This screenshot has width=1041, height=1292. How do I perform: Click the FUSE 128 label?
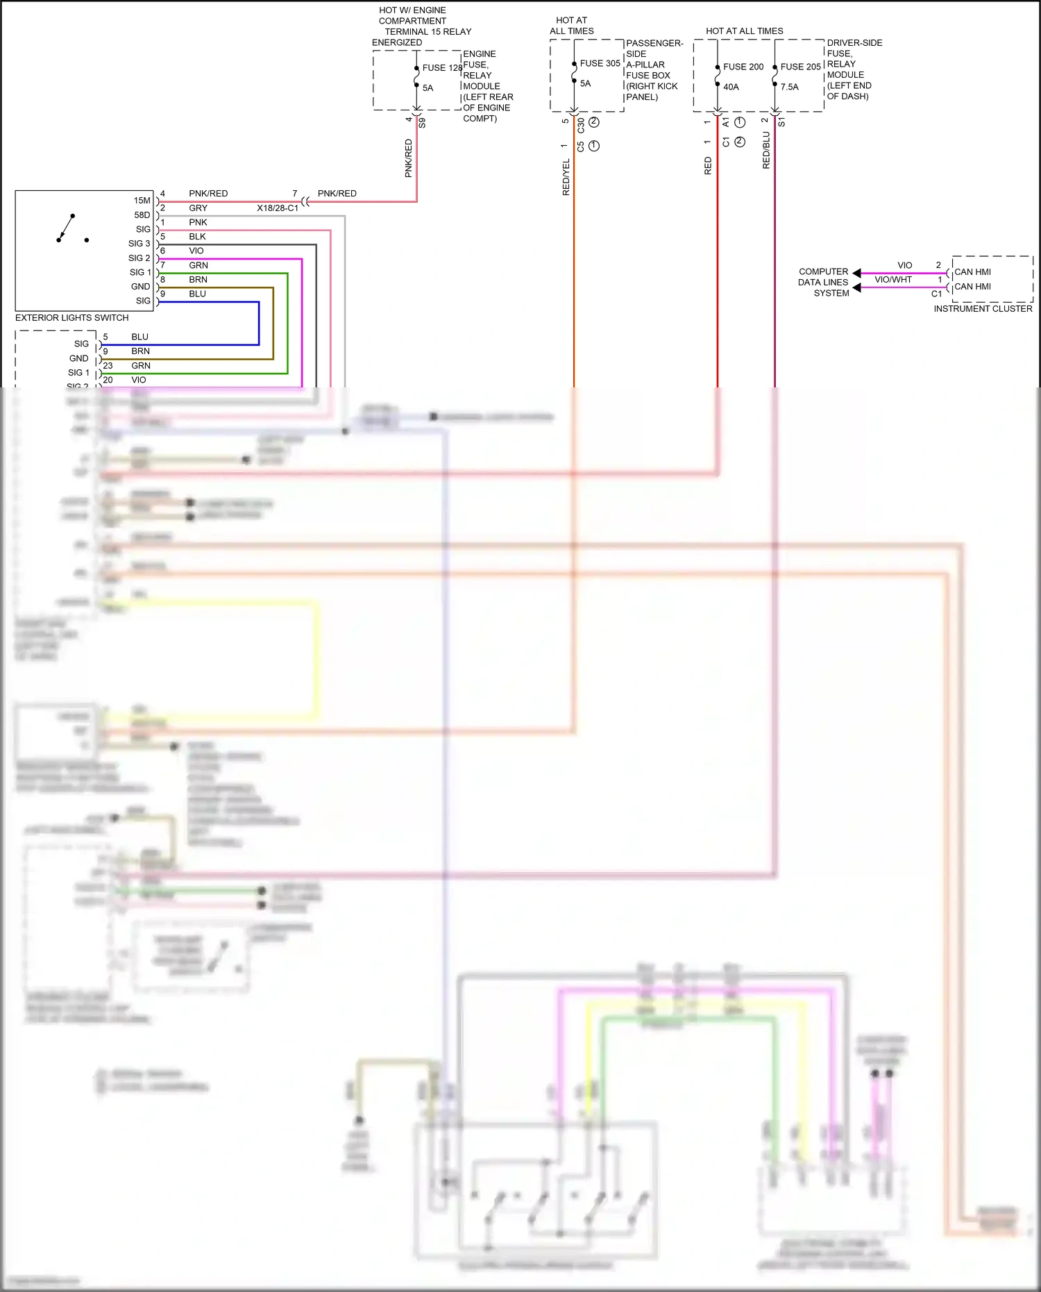click(x=442, y=68)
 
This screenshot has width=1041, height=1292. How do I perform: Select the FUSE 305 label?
click(x=600, y=63)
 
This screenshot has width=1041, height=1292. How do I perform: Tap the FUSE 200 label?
click(x=743, y=67)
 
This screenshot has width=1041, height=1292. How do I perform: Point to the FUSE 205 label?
click(x=800, y=67)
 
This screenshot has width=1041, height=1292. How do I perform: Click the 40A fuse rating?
click(x=731, y=87)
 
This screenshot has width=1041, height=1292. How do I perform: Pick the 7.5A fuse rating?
click(x=789, y=87)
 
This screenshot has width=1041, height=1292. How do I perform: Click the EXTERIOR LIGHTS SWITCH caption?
click(x=71, y=318)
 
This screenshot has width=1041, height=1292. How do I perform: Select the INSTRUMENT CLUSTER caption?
click(x=983, y=309)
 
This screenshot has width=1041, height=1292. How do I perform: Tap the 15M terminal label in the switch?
click(x=142, y=201)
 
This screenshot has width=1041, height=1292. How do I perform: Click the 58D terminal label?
click(x=142, y=215)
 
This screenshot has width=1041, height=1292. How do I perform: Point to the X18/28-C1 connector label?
click(x=278, y=208)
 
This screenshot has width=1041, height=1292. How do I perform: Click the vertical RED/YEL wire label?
click(x=566, y=177)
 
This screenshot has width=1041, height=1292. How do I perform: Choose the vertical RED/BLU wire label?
click(x=766, y=151)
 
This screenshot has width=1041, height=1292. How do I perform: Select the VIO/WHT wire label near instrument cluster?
click(x=892, y=280)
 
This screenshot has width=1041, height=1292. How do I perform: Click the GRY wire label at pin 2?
click(x=198, y=208)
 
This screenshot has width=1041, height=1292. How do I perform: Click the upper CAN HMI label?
click(x=972, y=272)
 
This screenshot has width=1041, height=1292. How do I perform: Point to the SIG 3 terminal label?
click(x=139, y=244)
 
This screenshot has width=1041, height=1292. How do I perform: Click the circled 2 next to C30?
click(x=594, y=122)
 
